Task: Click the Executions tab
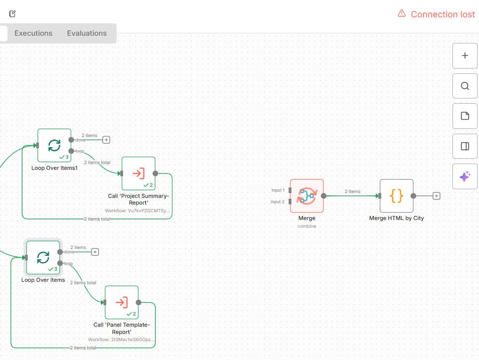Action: pos(33,33)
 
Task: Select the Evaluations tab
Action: pos(87,33)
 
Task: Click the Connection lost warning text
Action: pos(442,14)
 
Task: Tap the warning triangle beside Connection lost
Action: pos(402,14)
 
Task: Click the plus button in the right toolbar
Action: pos(465,55)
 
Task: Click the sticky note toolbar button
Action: pos(465,116)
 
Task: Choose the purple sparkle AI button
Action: pos(465,177)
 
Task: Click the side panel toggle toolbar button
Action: pos(465,146)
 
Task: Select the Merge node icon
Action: pos(307,196)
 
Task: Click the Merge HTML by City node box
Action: pos(396,196)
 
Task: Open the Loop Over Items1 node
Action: pos(55,145)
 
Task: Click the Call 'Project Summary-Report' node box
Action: pos(139,173)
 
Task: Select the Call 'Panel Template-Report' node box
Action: pos(122,303)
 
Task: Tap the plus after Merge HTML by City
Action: pos(437,196)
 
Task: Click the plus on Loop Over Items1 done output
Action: pos(106,140)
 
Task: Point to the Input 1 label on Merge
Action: pos(278,190)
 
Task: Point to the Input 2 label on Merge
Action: pos(278,202)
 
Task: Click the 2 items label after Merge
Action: pos(352,192)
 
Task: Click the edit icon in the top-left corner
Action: pos(13,14)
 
